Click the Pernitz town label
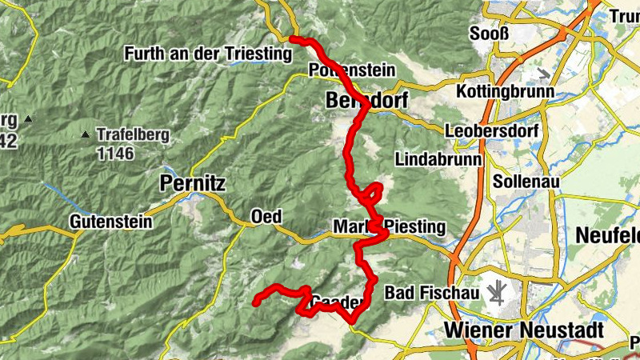[193, 183]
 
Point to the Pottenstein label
[351, 70]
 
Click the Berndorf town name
[367, 101]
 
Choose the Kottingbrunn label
[506, 92]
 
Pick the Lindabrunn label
[438, 159]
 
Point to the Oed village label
[266, 218]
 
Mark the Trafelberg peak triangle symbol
[86, 134]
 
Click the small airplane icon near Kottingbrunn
[545, 74]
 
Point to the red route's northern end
[293, 39]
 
